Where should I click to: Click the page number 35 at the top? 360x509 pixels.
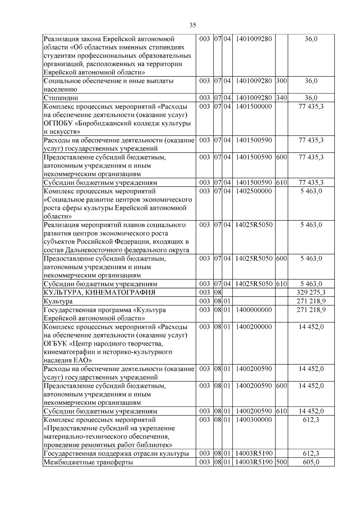(193, 25)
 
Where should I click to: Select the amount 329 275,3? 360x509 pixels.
(311, 292)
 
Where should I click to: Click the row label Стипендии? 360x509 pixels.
(61, 98)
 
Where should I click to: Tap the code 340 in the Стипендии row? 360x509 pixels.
(281, 98)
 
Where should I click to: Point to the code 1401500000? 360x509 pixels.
(253, 106)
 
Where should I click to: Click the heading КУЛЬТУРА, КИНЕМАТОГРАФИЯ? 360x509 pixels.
(100, 292)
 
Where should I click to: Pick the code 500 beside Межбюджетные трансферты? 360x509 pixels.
(281, 462)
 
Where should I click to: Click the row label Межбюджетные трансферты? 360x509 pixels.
(88, 462)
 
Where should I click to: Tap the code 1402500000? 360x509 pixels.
(253, 191)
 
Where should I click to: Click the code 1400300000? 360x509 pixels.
(253, 420)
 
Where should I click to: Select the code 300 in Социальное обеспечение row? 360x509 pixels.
(281, 81)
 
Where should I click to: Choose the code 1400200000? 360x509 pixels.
(253, 327)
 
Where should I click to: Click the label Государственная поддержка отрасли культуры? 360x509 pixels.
(116, 454)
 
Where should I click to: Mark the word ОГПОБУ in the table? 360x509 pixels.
(56, 123)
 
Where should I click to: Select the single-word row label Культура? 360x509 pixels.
(58, 301)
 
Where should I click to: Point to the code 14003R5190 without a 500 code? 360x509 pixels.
(253, 454)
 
